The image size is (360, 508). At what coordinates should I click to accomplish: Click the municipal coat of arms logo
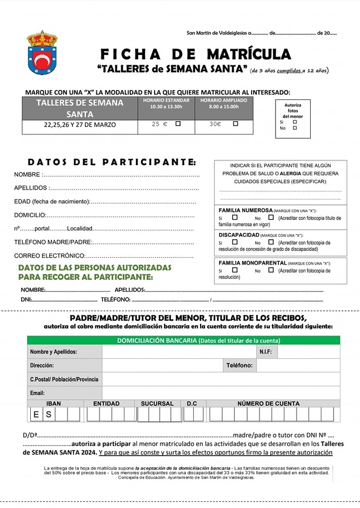[42, 52]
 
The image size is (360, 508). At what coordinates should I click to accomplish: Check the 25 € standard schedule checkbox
[178, 124]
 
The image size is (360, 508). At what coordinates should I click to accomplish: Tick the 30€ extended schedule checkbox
[236, 124]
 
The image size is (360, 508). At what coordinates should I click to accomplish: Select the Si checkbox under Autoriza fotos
[295, 122]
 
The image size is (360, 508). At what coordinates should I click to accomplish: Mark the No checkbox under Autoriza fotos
[295, 128]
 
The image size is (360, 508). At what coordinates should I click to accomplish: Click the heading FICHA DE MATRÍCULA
[195, 54]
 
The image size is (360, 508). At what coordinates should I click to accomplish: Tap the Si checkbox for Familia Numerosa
[235, 217]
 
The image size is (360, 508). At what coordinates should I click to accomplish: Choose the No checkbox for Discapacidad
[271, 242]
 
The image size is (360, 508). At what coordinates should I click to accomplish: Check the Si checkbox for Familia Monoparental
[235, 270]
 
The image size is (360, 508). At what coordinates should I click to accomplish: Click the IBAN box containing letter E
[36, 414]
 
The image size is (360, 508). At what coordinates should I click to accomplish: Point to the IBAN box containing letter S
[48, 414]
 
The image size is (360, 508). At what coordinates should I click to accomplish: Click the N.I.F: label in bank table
[266, 352]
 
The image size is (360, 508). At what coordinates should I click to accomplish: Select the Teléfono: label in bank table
[240, 365]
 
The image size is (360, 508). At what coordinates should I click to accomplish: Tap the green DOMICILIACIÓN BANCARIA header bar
[184, 340]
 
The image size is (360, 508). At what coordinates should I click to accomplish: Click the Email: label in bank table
[38, 393]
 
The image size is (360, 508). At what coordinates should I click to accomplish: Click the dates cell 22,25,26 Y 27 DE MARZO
[79, 125]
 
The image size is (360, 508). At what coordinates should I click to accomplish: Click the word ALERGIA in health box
[291, 173]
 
